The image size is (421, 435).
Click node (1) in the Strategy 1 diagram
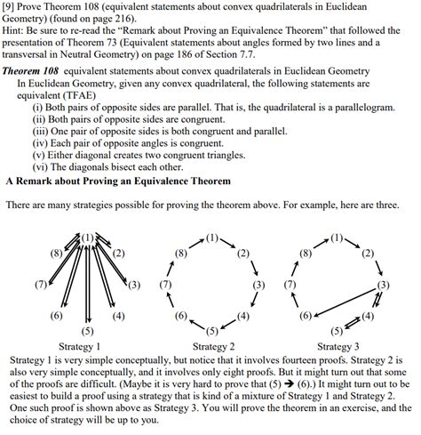point(86,238)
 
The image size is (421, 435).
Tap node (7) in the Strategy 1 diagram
point(40,285)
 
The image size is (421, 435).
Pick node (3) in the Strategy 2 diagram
point(258,285)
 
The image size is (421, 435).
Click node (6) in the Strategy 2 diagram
point(181,316)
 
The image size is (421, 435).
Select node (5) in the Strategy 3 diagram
point(337,331)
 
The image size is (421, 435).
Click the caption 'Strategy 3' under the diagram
point(337,345)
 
